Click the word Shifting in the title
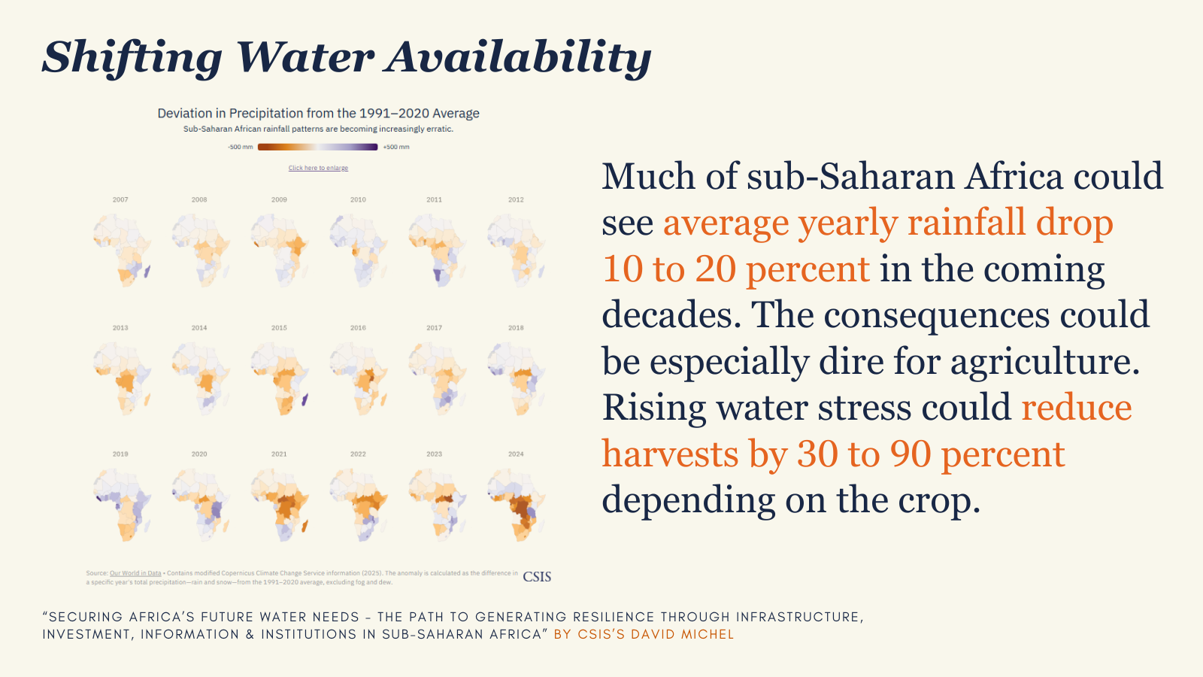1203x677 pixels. tap(132, 58)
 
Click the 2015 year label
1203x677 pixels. tap(279, 328)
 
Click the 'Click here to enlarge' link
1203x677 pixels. tap(318, 168)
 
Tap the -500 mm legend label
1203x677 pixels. tap(241, 147)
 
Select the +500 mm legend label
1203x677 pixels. tap(396, 147)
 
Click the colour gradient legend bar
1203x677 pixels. tap(317, 147)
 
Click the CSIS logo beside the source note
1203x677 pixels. tap(537, 577)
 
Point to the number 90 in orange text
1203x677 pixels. tap(911, 454)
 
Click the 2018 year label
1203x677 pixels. tap(516, 328)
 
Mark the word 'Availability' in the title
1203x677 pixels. tap(519, 58)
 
